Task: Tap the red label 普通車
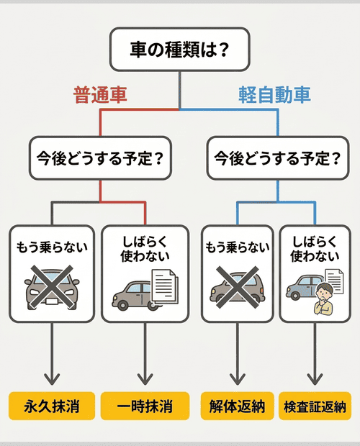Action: pyautogui.click(x=100, y=95)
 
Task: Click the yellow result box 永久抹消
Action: pyautogui.click(x=51, y=406)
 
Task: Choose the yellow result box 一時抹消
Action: pyautogui.click(x=145, y=406)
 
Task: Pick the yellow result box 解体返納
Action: pyautogui.click(x=237, y=406)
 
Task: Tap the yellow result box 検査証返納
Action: pyautogui.click(x=315, y=406)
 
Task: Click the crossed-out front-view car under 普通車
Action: pyautogui.click(x=51, y=288)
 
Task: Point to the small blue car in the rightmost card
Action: pyautogui.click(x=302, y=286)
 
